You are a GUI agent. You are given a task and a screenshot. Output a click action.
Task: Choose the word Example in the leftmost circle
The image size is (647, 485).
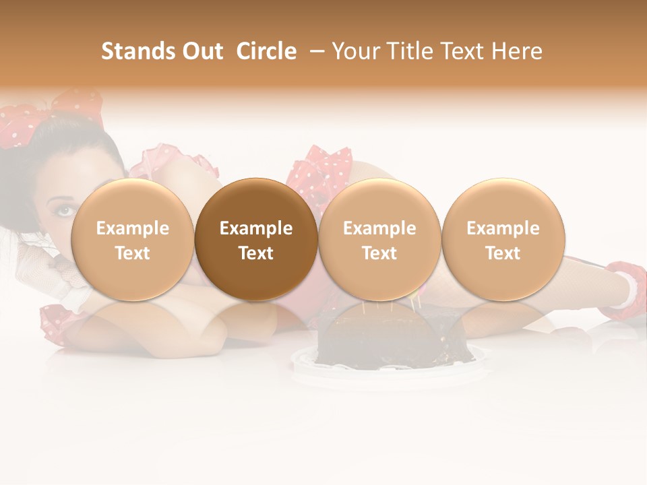tap(133, 228)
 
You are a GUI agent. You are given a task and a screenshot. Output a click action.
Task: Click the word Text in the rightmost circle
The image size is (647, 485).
tap(503, 253)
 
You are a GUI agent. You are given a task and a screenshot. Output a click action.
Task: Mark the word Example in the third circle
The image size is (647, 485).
tap(379, 228)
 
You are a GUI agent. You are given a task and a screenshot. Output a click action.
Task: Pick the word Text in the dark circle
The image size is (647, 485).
tap(256, 253)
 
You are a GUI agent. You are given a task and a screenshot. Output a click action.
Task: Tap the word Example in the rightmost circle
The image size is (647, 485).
tap(503, 228)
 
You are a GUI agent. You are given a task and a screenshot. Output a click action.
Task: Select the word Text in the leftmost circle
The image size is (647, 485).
tap(133, 253)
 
